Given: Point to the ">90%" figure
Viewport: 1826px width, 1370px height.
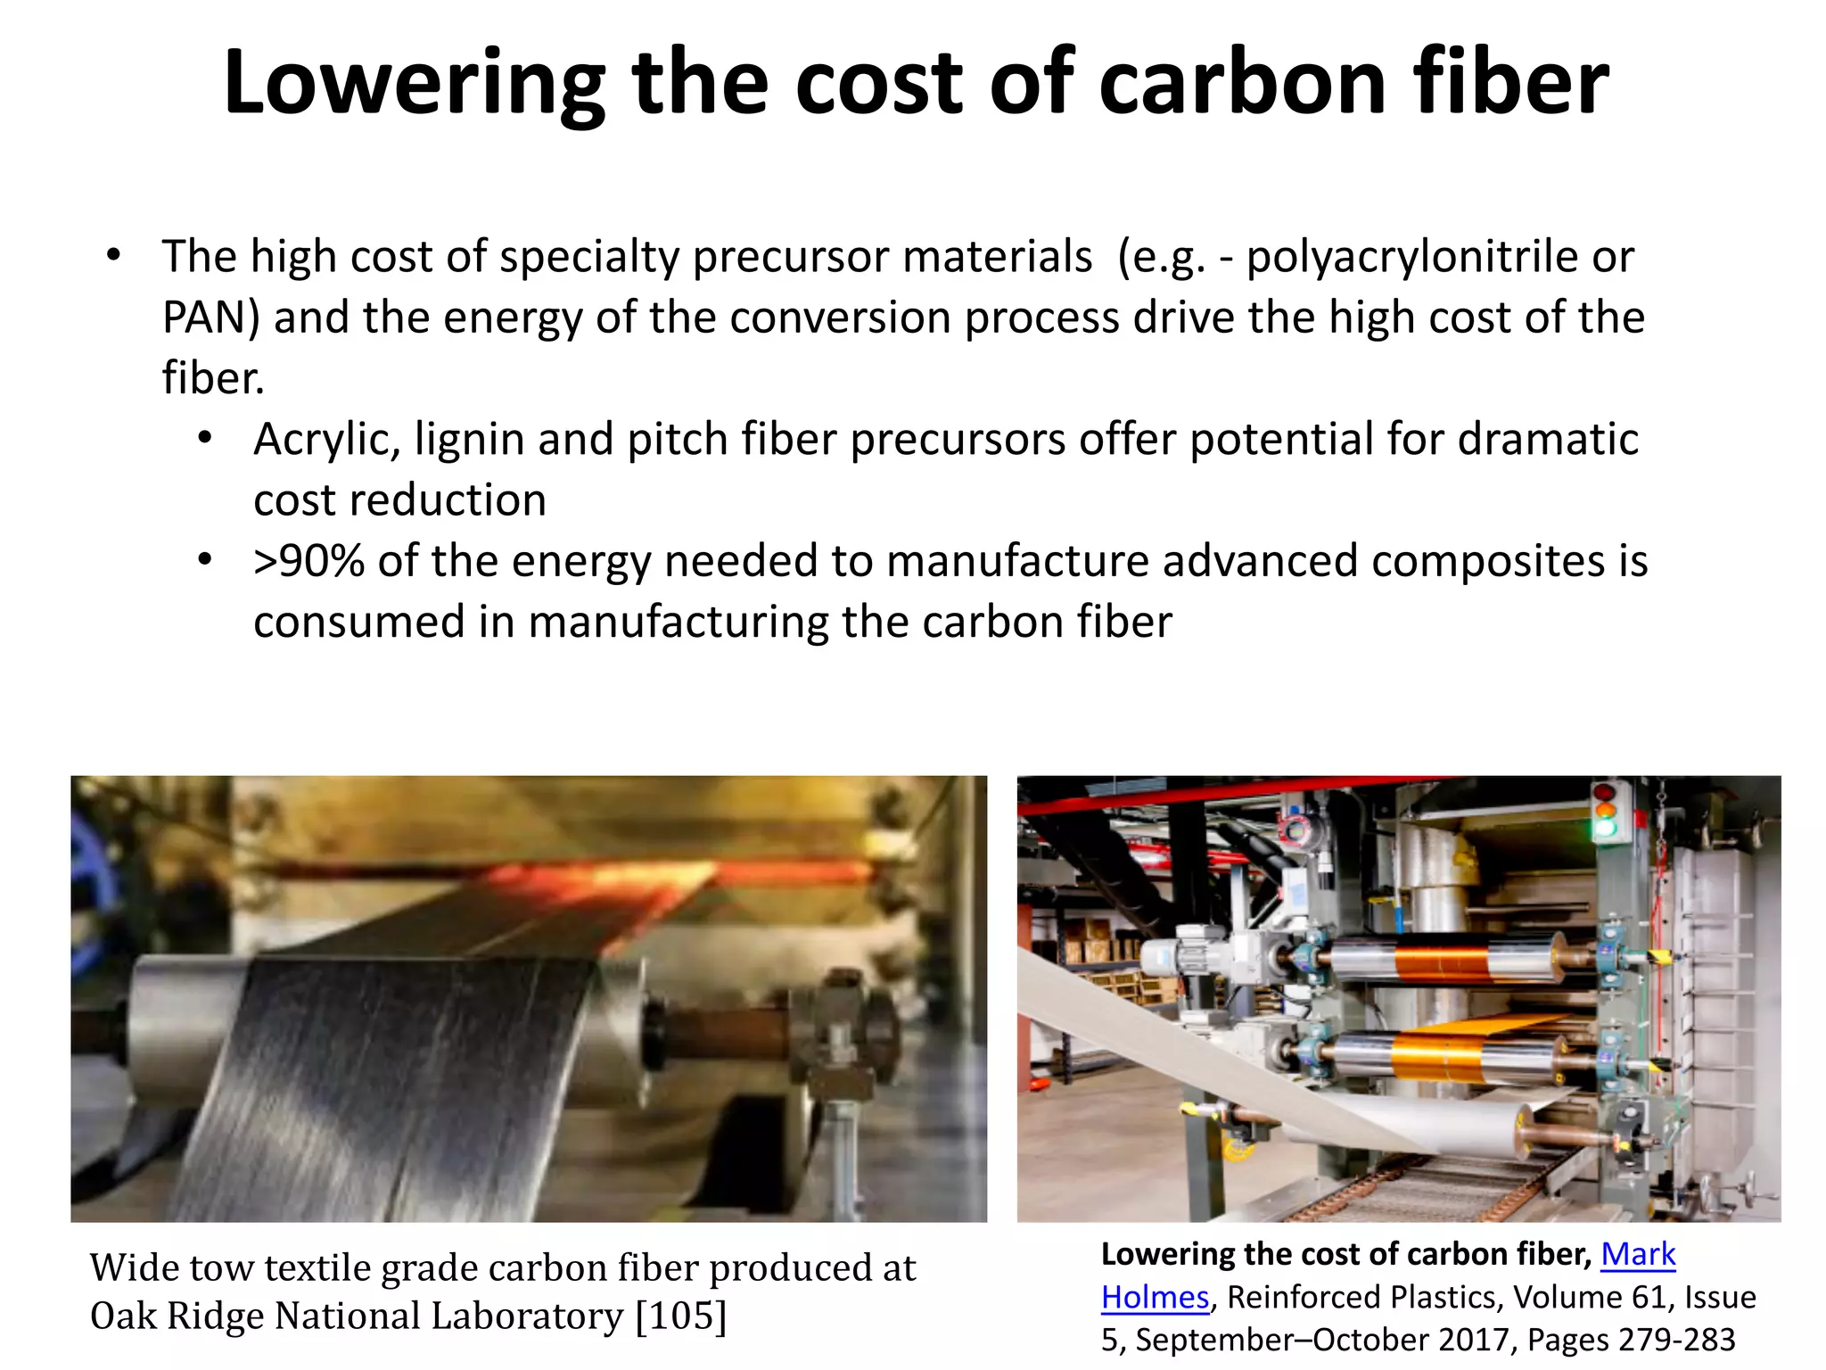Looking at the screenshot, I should (308, 562).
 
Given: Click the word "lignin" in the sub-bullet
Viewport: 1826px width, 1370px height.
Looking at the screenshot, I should (469, 440).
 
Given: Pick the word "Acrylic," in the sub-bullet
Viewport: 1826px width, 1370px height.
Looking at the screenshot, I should (326, 440).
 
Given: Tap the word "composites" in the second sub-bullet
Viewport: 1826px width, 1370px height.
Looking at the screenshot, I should (1487, 562).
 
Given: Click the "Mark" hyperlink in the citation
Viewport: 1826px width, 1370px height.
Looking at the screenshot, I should (1638, 1254).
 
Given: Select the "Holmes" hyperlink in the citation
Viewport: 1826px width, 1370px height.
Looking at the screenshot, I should (1155, 1297).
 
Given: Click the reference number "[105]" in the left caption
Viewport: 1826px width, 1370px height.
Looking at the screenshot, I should (680, 1316).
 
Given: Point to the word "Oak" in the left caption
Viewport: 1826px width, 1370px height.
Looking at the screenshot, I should (121, 1316).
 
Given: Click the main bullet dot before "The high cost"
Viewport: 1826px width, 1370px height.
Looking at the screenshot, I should (112, 256).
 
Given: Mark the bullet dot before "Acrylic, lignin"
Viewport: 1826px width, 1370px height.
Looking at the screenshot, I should (205, 439).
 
